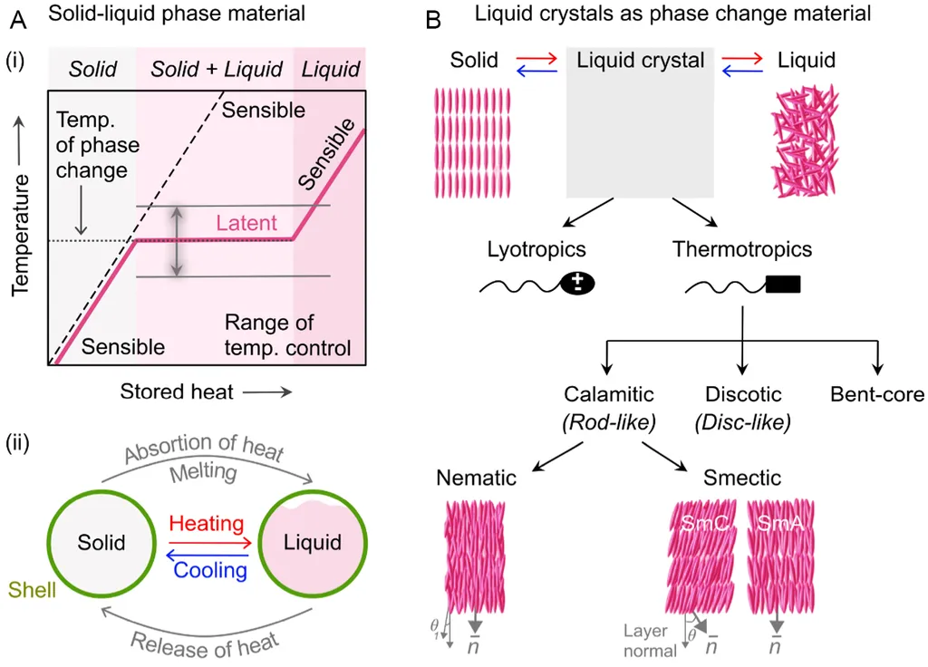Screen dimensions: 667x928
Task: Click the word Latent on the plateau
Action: pos(246,223)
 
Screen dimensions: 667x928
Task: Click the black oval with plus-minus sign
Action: pos(577,284)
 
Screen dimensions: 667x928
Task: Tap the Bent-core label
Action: pos(877,394)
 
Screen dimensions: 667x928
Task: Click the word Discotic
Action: pos(744,394)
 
